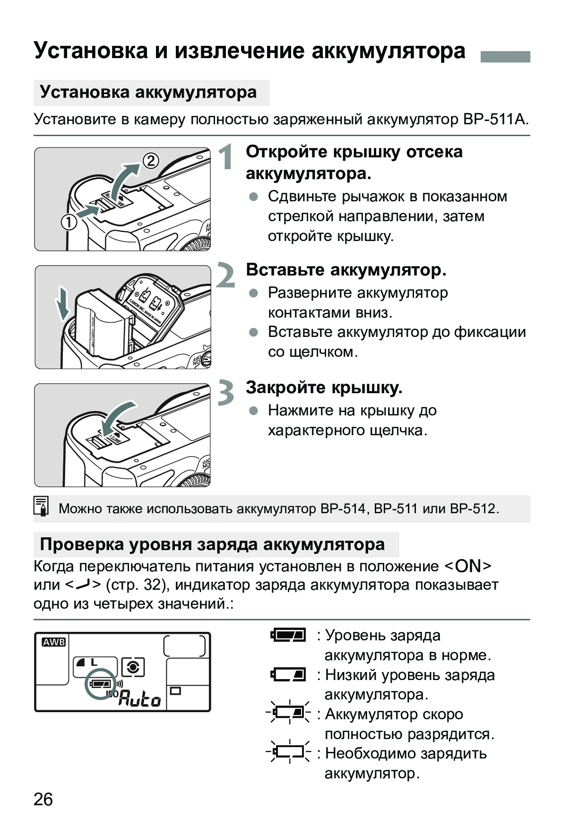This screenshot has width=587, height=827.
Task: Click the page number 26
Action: (43, 800)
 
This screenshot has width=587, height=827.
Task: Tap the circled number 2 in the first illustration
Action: (151, 161)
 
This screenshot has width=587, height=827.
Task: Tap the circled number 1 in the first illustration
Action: (69, 222)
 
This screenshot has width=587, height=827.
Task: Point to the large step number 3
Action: (226, 393)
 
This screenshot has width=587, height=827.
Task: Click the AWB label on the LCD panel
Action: (54, 642)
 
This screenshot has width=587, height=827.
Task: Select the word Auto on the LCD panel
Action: (139, 698)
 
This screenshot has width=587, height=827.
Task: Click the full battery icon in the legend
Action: (288, 635)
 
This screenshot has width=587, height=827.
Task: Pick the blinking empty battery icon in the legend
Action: (288, 751)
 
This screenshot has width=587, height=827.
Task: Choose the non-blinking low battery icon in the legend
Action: (288, 674)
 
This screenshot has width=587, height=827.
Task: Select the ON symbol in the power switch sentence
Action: (468, 566)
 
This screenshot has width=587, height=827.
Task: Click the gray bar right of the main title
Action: (505, 57)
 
